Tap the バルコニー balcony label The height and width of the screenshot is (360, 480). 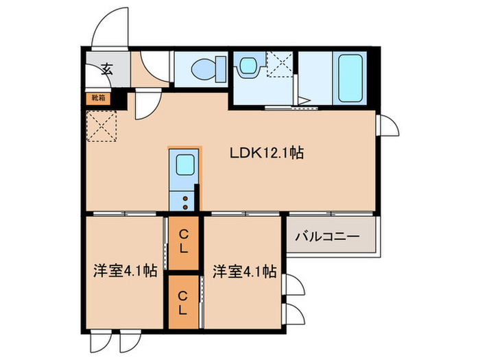(326, 237)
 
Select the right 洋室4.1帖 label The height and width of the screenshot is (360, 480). (244, 271)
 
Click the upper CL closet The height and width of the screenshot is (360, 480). (183, 241)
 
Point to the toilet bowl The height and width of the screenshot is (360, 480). (205, 69)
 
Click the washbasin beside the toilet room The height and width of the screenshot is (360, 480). (247, 67)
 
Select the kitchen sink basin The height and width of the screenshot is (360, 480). (184, 165)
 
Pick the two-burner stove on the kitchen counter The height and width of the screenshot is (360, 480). (184, 200)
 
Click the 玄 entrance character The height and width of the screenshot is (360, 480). (108, 69)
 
